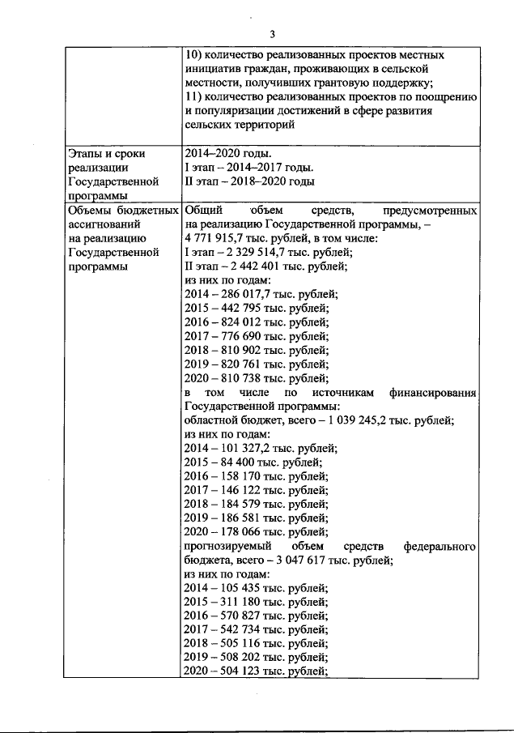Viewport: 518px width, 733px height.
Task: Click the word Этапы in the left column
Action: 85,153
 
